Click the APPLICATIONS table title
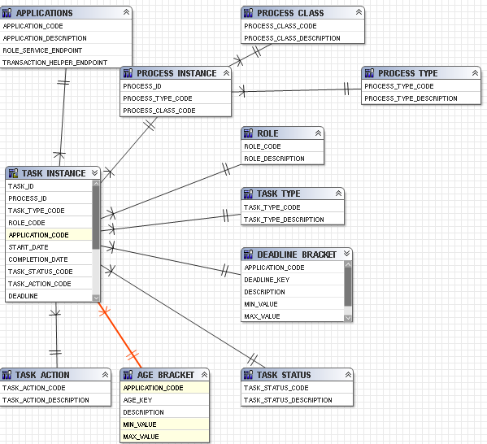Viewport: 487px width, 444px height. pyautogui.click(x=44, y=13)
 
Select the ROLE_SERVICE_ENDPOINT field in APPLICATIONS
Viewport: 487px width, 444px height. pyautogui.click(x=42, y=50)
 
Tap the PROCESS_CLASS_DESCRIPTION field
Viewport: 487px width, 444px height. pyautogui.click(x=292, y=38)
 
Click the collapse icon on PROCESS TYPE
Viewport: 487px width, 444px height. pyautogui.click(x=475, y=73)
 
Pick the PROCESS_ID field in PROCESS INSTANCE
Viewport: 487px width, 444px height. pyautogui.click(x=142, y=86)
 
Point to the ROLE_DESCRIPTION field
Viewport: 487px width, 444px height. pyautogui.click(x=274, y=159)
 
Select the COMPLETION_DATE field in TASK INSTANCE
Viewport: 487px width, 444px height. pyautogui.click(x=38, y=259)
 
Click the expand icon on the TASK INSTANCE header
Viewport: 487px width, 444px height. pyautogui.click(x=95, y=172)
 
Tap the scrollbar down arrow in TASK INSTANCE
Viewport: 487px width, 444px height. pyautogui.click(x=96, y=298)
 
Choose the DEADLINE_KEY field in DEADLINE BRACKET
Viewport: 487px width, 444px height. pyautogui.click(x=267, y=280)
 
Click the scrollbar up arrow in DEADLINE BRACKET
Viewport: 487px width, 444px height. pyautogui.click(x=348, y=264)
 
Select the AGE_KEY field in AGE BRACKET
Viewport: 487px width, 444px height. pyautogui.click(x=137, y=400)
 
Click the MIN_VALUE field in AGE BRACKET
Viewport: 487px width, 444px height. pyautogui.click(x=140, y=424)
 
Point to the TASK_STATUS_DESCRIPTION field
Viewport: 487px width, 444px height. pyautogui.click(x=288, y=400)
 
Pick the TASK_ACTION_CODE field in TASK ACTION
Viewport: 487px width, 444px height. pyautogui.click(x=34, y=388)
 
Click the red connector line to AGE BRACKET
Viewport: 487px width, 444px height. pyautogui.click(x=120, y=335)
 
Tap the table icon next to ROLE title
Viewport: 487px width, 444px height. pyautogui.click(x=248, y=133)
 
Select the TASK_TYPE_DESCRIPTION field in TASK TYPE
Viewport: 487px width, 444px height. pyautogui.click(x=284, y=220)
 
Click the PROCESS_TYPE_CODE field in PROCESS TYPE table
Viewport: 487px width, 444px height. pyautogui.click(x=399, y=86)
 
